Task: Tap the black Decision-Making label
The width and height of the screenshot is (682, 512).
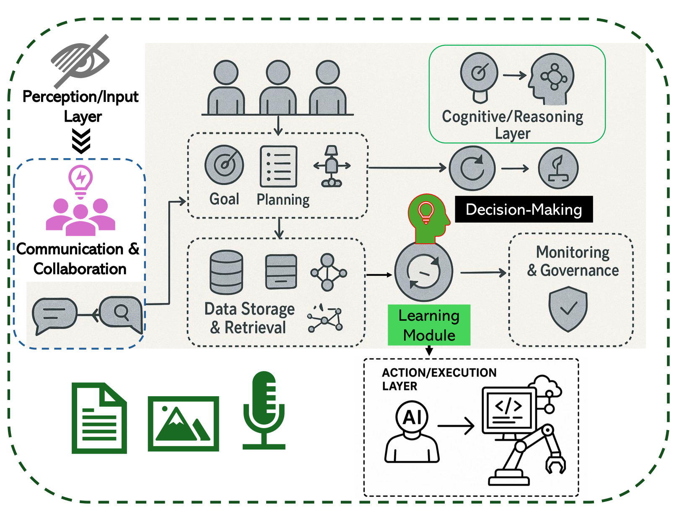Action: tap(524, 209)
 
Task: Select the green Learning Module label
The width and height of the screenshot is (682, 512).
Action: tap(429, 325)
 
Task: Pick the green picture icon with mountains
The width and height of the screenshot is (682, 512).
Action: tap(183, 424)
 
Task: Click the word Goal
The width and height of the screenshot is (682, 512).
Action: tap(224, 199)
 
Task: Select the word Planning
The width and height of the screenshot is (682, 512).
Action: tap(283, 200)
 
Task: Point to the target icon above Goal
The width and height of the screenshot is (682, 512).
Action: tap(224, 165)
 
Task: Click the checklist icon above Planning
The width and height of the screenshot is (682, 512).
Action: tap(278, 166)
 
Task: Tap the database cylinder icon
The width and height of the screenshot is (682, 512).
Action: tap(226, 272)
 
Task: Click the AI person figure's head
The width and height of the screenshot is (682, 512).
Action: tap(412, 417)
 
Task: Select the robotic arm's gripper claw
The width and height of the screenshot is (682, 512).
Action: tap(556, 464)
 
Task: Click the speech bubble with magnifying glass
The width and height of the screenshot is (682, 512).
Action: tap(121, 313)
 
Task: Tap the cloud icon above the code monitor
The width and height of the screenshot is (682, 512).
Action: tap(545, 385)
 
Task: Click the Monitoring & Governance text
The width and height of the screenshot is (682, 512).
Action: tap(573, 261)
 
